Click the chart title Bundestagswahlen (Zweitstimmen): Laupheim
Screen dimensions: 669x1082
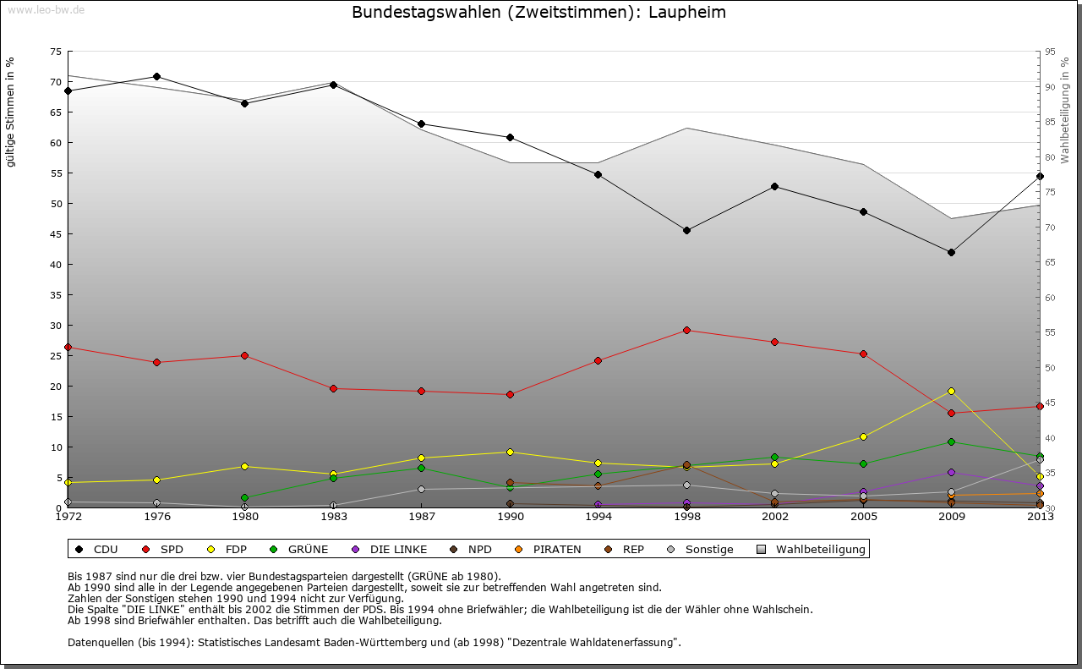pos(538,12)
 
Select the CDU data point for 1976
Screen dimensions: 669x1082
pos(156,76)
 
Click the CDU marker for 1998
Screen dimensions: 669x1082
pos(686,230)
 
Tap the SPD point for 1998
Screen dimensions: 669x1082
pos(686,330)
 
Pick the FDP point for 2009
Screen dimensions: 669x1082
pos(951,391)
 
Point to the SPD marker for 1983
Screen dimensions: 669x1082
pos(333,388)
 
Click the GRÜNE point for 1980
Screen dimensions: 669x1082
pos(244,497)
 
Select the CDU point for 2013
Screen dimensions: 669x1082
pos(1040,176)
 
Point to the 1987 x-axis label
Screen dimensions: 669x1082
pos(421,516)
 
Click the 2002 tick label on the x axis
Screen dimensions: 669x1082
pos(774,516)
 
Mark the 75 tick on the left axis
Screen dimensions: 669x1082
pos(56,52)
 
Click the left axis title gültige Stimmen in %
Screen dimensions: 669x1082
pos(11,112)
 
